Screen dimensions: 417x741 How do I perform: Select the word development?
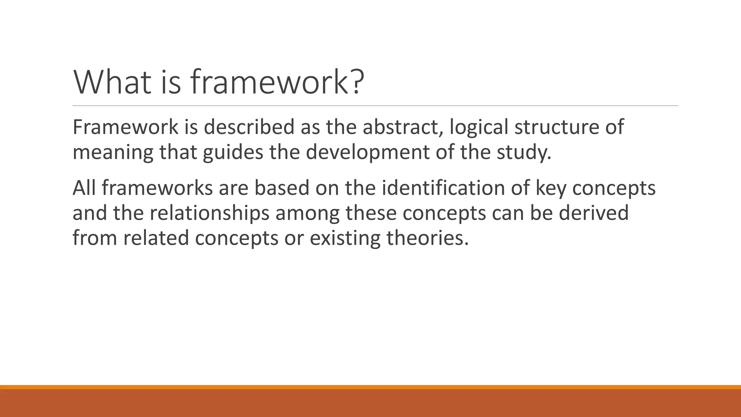368,152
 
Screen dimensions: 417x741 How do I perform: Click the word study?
524,152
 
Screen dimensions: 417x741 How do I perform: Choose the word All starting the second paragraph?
84,188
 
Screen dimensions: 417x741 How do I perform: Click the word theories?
427,238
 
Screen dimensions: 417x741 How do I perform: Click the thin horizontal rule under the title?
375,106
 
